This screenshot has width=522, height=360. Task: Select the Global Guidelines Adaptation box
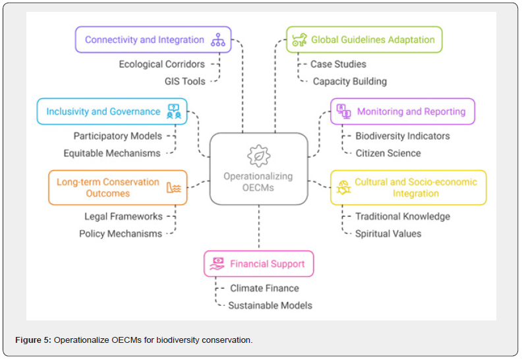click(x=364, y=40)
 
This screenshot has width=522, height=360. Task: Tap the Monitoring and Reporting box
click(x=402, y=111)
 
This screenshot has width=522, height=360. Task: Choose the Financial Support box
click(x=258, y=264)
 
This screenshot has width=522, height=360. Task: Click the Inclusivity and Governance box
click(x=112, y=111)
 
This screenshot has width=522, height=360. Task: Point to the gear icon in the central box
click(x=258, y=156)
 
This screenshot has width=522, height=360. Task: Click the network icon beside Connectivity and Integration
click(x=217, y=40)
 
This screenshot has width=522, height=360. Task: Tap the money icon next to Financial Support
click(x=217, y=264)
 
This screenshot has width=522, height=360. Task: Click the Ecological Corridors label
click(x=161, y=64)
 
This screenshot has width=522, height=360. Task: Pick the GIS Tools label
click(x=185, y=81)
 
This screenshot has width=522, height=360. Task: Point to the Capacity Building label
click(x=349, y=81)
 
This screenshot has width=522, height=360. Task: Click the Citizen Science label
click(x=388, y=153)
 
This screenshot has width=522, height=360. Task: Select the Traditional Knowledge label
click(x=403, y=216)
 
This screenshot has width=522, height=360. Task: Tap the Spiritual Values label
click(x=388, y=233)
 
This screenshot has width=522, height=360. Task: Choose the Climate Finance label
click(x=264, y=288)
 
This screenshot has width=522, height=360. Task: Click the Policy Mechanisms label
click(x=121, y=233)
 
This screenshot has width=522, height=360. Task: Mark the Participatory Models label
click(x=117, y=136)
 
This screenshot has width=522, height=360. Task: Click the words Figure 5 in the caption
click(x=32, y=340)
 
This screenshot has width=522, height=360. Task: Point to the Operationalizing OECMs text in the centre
click(x=258, y=182)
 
